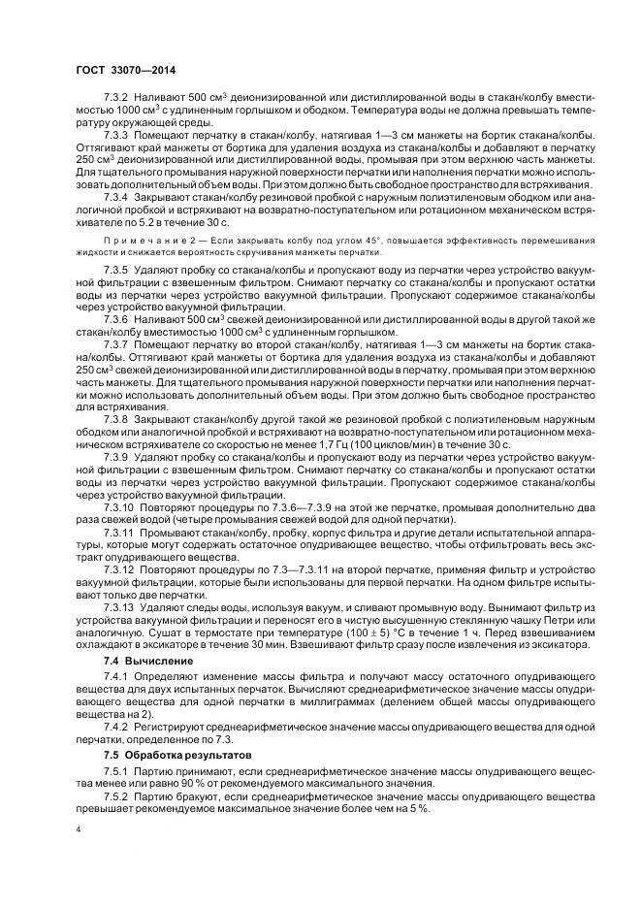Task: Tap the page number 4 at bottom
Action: coord(80,830)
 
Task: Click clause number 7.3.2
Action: coord(115,98)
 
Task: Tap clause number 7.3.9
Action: coord(115,455)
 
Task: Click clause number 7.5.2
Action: coord(115,794)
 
